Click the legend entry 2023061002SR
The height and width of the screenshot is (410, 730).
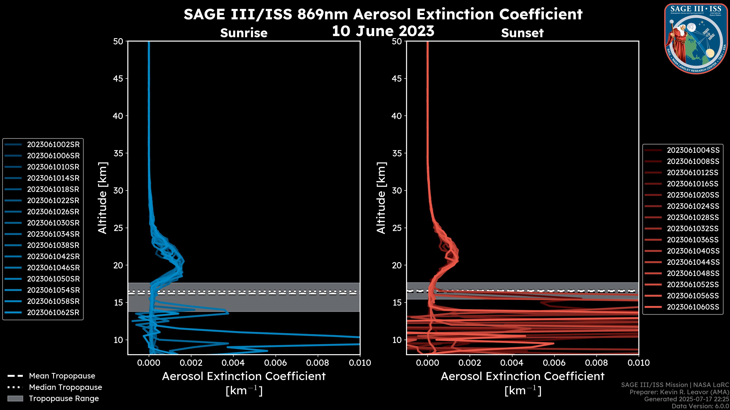(x=53, y=145)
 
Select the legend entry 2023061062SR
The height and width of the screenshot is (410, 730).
(x=53, y=313)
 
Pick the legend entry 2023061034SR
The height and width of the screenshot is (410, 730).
(x=53, y=234)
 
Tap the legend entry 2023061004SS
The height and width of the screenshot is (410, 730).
(x=693, y=150)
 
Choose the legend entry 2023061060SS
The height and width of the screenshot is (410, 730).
(x=693, y=307)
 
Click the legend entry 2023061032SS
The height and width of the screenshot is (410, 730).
(x=693, y=229)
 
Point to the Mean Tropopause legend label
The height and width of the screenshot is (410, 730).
(x=62, y=376)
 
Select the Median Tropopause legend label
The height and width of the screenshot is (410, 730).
(x=65, y=387)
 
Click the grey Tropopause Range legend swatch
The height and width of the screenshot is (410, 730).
(x=15, y=399)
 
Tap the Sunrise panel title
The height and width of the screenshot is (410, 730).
(x=244, y=33)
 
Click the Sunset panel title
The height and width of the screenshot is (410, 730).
(x=522, y=33)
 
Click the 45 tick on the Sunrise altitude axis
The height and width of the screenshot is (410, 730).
(x=118, y=79)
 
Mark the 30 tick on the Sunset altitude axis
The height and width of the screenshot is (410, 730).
(x=397, y=191)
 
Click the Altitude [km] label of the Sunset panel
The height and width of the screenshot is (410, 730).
(x=381, y=198)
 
